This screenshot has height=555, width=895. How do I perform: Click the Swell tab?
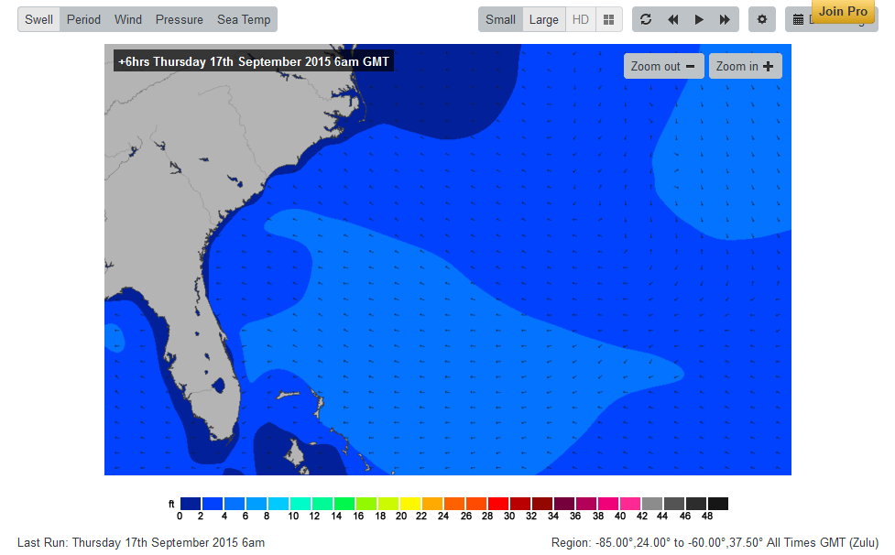tap(38, 19)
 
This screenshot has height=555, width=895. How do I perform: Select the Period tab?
tap(83, 19)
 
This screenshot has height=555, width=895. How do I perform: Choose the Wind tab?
tap(128, 19)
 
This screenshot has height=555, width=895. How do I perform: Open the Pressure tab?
tap(180, 19)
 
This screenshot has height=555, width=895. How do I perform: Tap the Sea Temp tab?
tap(244, 19)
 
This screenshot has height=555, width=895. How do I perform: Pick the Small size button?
tap(500, 19)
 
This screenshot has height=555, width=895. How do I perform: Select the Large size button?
tap(544, 19)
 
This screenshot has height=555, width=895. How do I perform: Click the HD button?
tap(581, 19)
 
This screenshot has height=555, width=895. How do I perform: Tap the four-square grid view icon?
tap(608, 19)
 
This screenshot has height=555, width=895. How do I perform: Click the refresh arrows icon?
tap(646, 19)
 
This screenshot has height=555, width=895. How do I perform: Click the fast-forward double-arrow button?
tap(725, 19)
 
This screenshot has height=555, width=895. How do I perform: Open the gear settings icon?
tap(762, 19)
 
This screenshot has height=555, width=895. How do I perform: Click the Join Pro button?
tap(843, 11)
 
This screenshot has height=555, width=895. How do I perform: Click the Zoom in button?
tap(745, 66)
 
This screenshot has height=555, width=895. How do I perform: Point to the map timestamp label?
tap(254, 61)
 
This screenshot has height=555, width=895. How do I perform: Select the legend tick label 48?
tap(706, 517)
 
